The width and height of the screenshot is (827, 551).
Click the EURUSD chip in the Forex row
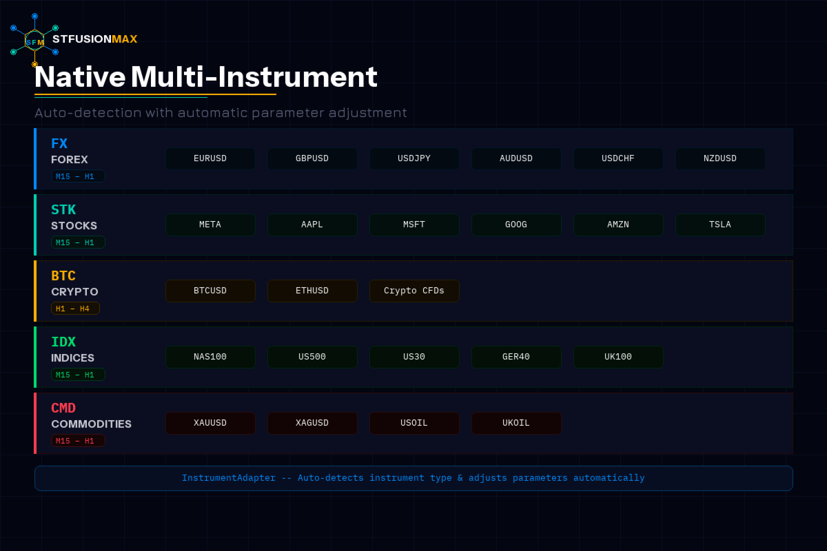click(210, 158)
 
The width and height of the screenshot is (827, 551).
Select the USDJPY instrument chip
click(414, 158)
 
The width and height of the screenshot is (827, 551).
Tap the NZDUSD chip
click(720, 158)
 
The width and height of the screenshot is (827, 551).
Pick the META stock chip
click(210, 225)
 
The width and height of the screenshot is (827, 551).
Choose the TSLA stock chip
click(720, 225)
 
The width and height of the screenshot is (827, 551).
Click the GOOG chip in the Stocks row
click(516, 225)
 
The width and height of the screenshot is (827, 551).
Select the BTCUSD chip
click(210, 291)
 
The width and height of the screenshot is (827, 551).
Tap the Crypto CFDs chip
click(414, 291)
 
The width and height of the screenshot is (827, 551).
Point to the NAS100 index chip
click(210, 357)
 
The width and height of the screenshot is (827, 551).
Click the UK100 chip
click(618, 357)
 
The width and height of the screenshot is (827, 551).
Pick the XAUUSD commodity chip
click(210, 423)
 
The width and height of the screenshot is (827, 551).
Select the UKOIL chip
click(516, 423)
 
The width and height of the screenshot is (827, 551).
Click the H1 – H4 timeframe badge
click(75, 309)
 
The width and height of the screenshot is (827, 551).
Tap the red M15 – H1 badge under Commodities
click(78, 441)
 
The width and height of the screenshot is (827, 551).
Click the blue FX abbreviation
click(59, 143)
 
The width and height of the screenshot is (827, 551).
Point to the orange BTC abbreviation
click(63, 275)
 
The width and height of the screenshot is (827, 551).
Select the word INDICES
click(73, 358)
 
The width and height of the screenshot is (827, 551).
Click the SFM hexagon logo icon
click(34, 40)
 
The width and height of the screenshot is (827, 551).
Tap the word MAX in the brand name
click(125, 39)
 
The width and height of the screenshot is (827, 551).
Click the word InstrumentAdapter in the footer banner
click(229, 478)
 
